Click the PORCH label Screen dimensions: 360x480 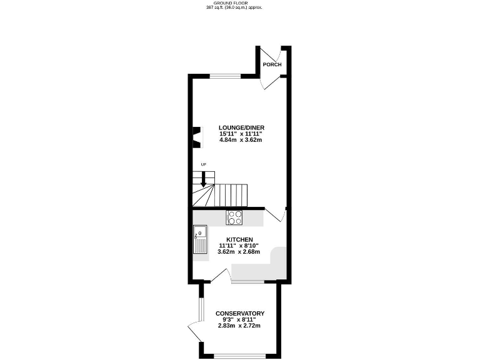pyautogui.click(x=272, y=65)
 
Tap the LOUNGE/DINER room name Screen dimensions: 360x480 pyautogui.click(x=240, y=127)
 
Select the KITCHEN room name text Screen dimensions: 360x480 pyautogui.click(x=239, y=240)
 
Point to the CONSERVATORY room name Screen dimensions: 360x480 pyautogui.click(x=240, y=313)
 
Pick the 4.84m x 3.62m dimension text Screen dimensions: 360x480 pyautogui.click(x=240, y=140)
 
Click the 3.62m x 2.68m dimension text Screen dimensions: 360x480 pyautogui.click(x=239, y=252)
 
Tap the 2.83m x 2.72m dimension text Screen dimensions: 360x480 pyautogui.click(x=239, y=326)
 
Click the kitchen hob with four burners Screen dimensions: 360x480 pyautogui.click(x=234, y=217)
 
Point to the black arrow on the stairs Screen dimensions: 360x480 pyautogui.click(x=202, y=179)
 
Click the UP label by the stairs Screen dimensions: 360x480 pyautogui.click(x=203, y=164)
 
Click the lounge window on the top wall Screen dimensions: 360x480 pyautogui.click(x=224, y=76)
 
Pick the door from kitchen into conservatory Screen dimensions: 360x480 pyautogui.click(x=221, y=276)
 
